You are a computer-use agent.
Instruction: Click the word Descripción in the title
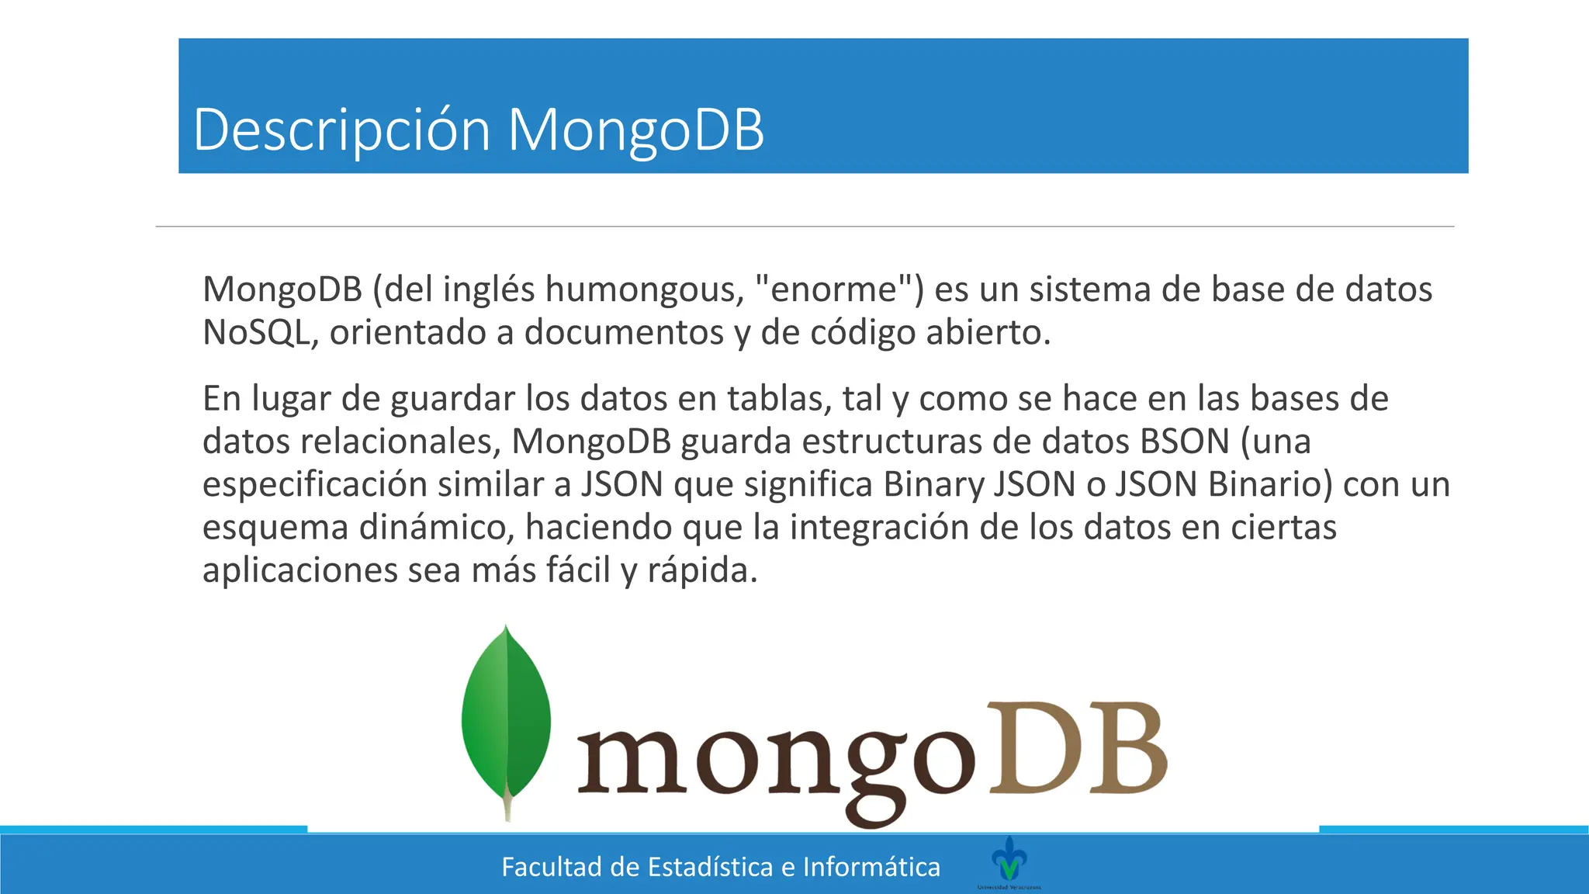(341, 130)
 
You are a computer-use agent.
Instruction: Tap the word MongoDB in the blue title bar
(635, 130)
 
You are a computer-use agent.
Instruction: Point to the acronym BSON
(1184, 442)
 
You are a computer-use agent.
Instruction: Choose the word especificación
(314, 485)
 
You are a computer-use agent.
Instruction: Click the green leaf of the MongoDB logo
(506, 718)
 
